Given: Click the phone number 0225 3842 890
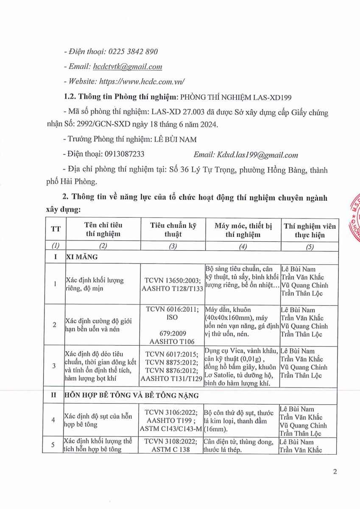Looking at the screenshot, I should [133, 52].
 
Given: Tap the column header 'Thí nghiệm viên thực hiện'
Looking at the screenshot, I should [310, 230].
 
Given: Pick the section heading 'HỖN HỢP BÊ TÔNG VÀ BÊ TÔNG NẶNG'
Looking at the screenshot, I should [132, 395].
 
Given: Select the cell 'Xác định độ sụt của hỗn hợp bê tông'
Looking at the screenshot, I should [98, 420].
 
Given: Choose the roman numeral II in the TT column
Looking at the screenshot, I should [54, 395].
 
